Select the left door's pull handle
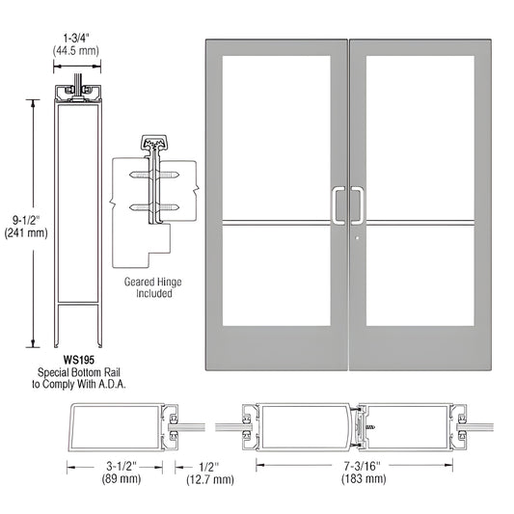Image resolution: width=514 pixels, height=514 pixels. [338, 203]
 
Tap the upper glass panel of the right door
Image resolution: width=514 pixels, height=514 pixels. [421, 138]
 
